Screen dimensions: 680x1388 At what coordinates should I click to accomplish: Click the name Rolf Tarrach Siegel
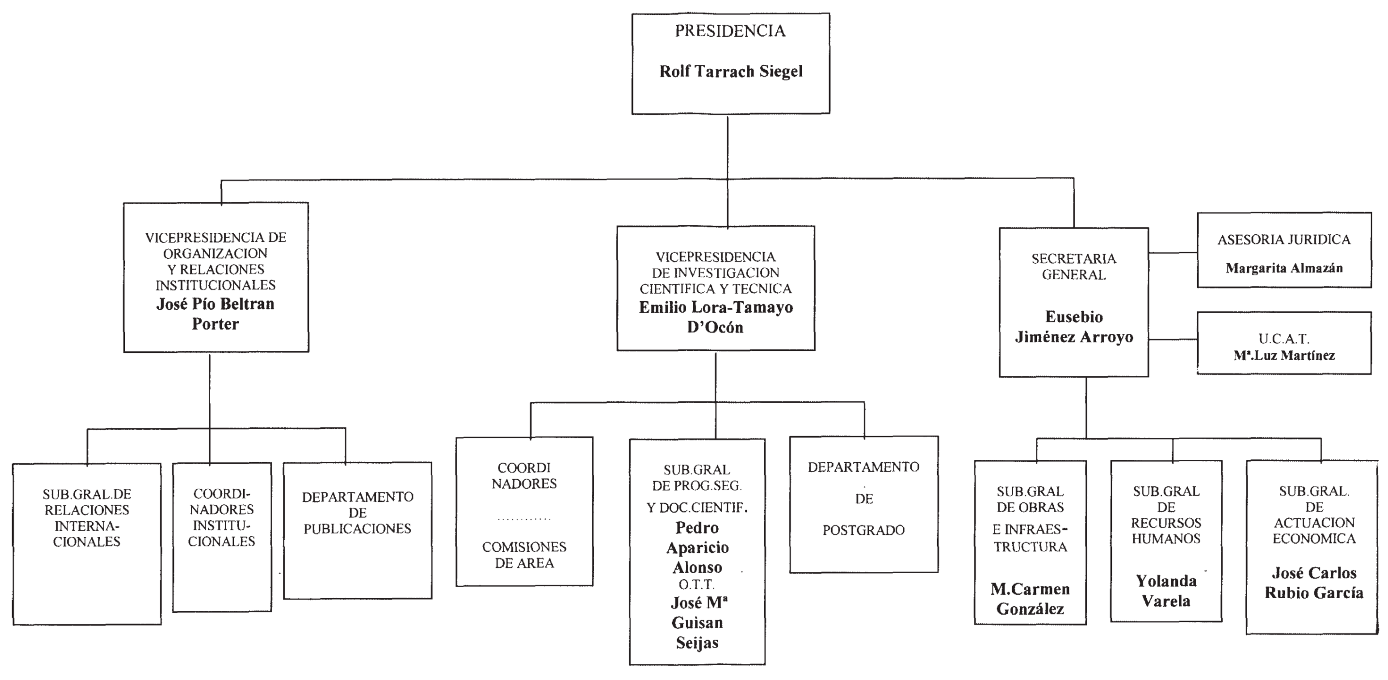[731, 72]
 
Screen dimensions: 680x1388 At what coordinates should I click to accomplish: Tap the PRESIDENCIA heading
[730, 31]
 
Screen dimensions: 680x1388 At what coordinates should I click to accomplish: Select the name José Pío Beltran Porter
[215, 314]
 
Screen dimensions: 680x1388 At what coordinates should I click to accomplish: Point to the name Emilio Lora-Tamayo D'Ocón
[716, 317]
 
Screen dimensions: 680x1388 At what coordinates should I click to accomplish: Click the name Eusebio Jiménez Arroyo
[1073, 327]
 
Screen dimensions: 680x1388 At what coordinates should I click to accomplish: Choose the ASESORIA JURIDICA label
[1283, 240]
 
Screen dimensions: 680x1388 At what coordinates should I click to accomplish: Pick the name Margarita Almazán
[1284, 268]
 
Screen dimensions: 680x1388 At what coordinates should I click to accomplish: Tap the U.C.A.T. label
[1283, 339]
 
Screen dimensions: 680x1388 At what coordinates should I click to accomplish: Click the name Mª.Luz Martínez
[1284, 355]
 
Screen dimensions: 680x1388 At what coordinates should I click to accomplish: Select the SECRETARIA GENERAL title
[1073, 267]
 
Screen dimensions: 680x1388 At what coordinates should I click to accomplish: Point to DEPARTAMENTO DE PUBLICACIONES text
[357, 513]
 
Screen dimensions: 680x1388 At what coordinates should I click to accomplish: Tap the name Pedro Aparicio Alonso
[697, 547]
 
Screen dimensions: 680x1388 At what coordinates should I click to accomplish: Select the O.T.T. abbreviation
[697, 585]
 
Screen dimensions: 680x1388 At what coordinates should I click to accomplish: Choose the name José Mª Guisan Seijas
[697, 622]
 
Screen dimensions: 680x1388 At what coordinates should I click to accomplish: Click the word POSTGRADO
[863, 530]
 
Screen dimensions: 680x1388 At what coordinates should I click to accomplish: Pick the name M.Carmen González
[1030, 599]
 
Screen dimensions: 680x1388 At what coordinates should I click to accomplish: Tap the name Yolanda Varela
[1166, 590]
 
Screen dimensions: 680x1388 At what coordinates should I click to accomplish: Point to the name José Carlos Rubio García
[1313, 583]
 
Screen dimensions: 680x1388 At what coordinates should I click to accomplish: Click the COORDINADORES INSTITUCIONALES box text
[221, 517]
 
